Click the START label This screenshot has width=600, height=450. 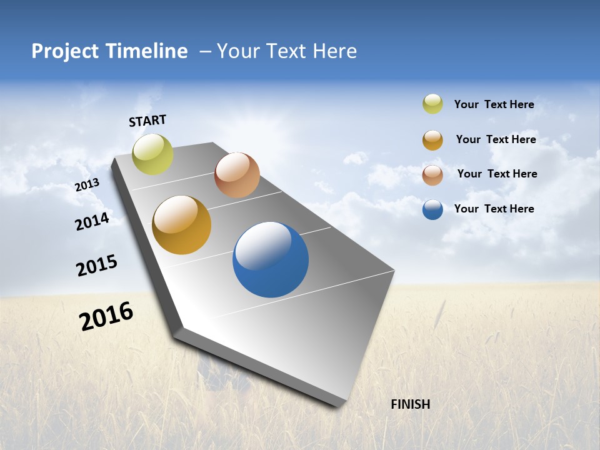click(147, 121)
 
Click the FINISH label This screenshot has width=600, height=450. click(410, 404)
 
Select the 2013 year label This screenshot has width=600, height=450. click(87, 185)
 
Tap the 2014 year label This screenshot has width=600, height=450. click(92, 221)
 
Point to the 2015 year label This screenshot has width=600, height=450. click(97, 265)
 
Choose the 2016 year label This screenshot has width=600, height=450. click(106, 316)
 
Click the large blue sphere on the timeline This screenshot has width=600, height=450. click(271, 259)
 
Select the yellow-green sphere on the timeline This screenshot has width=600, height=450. click(152, 154)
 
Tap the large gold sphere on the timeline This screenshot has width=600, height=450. click(181, 225)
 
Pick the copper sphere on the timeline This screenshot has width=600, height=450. click(237, 175)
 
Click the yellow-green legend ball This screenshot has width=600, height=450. click(432, 104)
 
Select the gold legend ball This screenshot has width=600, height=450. click(432, 140)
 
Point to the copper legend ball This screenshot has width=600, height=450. click(432, 175)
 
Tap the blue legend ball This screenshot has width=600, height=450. click(432, 209)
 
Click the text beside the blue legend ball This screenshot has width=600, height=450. click(494, 209)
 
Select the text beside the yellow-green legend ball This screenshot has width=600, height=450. click(494, 104)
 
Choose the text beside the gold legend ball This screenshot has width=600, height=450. click(496, 139)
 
